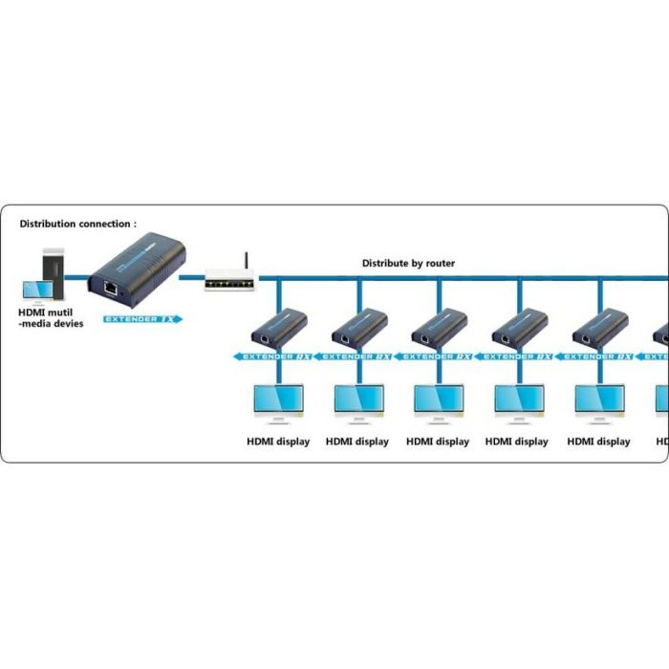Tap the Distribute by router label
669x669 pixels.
(408, 263)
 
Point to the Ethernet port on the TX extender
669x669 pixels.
(111, 286)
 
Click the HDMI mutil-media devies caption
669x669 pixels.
(52, 317)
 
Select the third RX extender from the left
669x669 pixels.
(440, 329)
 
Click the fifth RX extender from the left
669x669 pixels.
(600, 329)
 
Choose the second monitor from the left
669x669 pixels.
(357, 402)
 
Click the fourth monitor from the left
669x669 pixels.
(518, 402)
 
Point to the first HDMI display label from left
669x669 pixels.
(277, 442)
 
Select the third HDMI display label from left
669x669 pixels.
(438, 442)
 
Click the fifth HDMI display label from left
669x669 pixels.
(598, 442)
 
